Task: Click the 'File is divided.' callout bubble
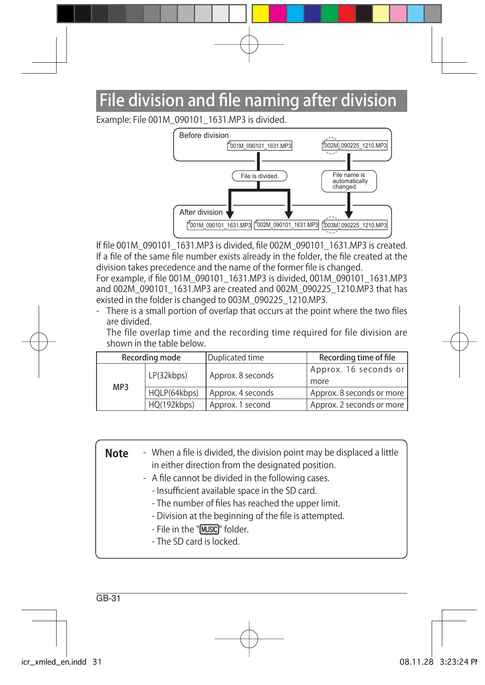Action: [x=259, y=176]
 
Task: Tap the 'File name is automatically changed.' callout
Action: [x=349, y=181]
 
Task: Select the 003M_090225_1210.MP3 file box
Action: [x=355, y=225]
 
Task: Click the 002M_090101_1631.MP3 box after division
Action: [x=287, y=225]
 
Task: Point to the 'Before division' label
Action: [x=204, y=135]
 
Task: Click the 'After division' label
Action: [x=201, y=212]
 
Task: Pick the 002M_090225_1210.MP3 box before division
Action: [x=355, y=146]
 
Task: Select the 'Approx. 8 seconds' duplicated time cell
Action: [x=241, y=375]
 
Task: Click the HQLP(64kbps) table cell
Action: [x=173, y=393]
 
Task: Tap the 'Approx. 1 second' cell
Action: [x=240, y=405]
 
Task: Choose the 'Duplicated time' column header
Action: [x=236, y=358]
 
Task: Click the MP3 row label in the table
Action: [x=121, y=387]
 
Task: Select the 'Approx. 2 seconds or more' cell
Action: [x=357, y=405]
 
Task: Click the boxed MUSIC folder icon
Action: [x=209, y=529]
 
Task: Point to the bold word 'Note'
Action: [x=116, y=454]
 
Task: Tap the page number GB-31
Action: [x=108, y=598]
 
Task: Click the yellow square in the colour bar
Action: [x=261, y=13]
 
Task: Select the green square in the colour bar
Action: [x=329, y=13]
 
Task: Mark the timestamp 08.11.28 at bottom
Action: [x=416, y=662]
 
